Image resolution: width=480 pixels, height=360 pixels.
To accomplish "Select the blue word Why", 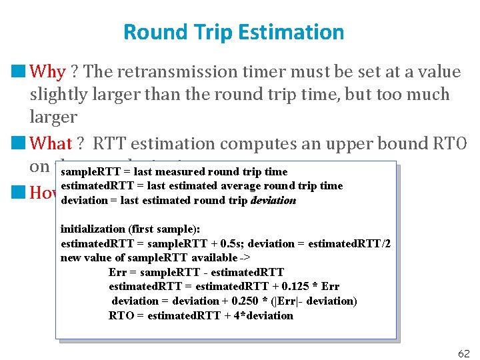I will point(48,71).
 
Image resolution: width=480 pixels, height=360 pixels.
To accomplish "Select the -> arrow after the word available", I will point(244,258).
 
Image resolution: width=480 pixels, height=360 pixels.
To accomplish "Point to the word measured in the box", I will point(181,172).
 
